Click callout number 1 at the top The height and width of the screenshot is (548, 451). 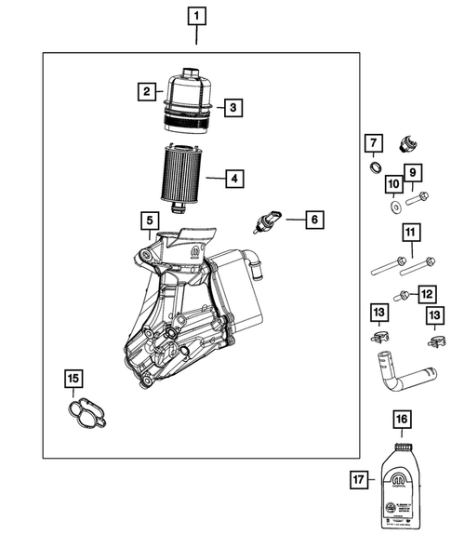tap(197, 15)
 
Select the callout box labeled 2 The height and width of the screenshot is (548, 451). tap(146, 91)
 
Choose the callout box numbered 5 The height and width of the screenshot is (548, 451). tap(147, 221)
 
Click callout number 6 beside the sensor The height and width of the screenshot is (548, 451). tap(314, 220)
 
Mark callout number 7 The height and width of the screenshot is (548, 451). tap(372, 143)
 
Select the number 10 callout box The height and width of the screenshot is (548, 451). tap(393, 184)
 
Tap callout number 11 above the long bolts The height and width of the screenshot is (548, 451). tap(409, 232)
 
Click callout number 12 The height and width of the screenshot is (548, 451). tap(427, 295)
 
